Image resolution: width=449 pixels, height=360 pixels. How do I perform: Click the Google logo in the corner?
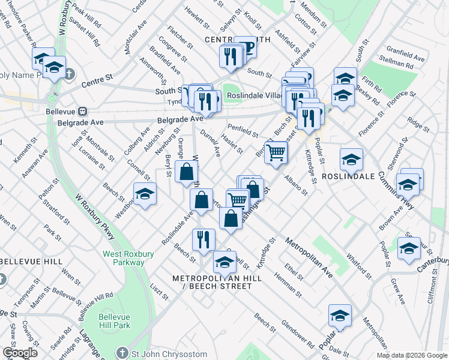click(x=20, y=353)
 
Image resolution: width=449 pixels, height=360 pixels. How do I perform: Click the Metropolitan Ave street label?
click(x=309, y=257)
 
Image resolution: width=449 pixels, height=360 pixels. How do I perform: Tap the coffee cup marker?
click(x=246, y=47)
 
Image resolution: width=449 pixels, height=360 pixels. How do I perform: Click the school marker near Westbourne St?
click(x=145, y=194)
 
